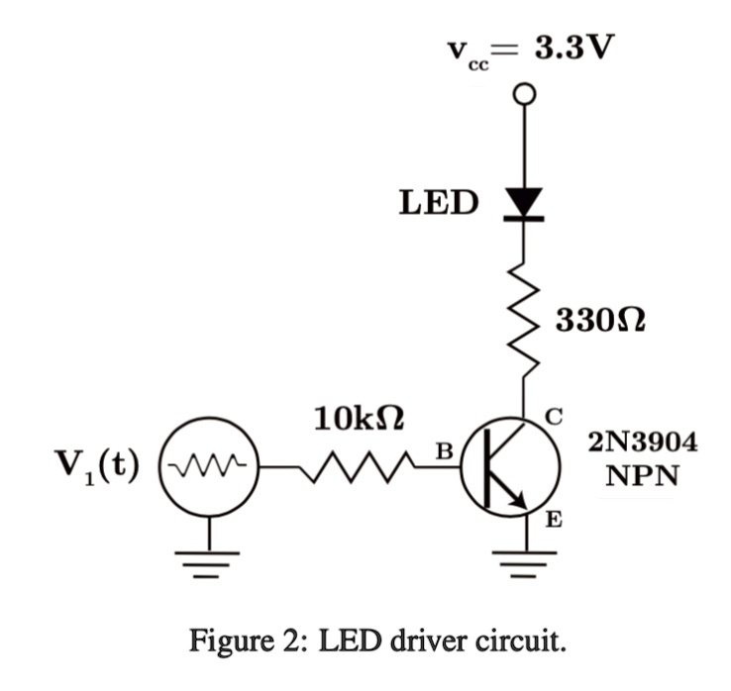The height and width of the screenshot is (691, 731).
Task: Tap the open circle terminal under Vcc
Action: click(x=524, y=95)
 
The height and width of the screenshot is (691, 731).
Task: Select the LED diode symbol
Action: click(x=524, y=202)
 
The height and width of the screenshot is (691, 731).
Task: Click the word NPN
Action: click(x=643, y=475)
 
